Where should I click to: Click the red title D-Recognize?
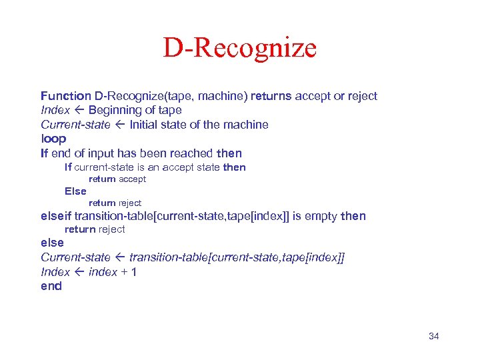(240, 48)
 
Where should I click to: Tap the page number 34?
(433, 336)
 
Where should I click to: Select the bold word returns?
(271, 96)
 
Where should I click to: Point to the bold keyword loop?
(53, 139)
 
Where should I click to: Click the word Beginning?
(115, 110)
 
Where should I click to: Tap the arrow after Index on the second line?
(79, 110)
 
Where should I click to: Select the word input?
(111, 153)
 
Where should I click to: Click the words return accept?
(117, 179)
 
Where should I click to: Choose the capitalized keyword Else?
(75, 191)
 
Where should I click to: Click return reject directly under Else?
(115, 203)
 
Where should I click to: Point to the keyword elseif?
(56, 216)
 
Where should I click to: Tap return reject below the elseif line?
(94, 229)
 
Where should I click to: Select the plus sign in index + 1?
(124, 272)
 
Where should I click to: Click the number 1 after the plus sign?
(134, 272)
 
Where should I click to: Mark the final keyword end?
(51, 286)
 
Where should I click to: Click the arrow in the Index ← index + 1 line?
(79, 272)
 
